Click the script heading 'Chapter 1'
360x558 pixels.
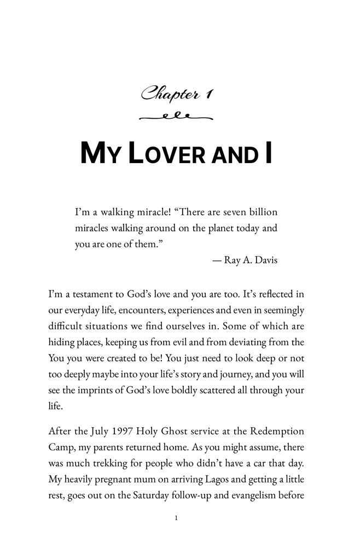coord(177,94)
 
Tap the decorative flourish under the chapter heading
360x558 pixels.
coord(176,117)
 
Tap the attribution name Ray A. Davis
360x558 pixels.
coord(251,260)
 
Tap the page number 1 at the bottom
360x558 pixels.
coord(176,518)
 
